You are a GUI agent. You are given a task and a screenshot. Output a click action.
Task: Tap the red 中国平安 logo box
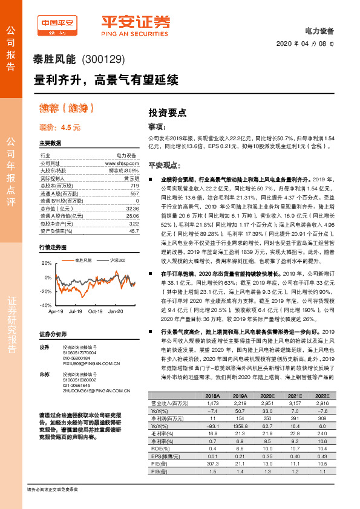tap(59, 22)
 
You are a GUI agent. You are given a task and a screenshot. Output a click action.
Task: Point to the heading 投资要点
tap(168, 112)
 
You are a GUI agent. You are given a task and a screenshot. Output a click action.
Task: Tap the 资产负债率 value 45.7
tap(133, 230)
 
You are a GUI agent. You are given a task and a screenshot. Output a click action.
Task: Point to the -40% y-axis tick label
tap(46, 306)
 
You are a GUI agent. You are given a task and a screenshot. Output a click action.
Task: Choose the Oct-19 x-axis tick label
tap(96, 311)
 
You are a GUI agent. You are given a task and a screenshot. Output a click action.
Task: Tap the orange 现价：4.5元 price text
tap(60, 128)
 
